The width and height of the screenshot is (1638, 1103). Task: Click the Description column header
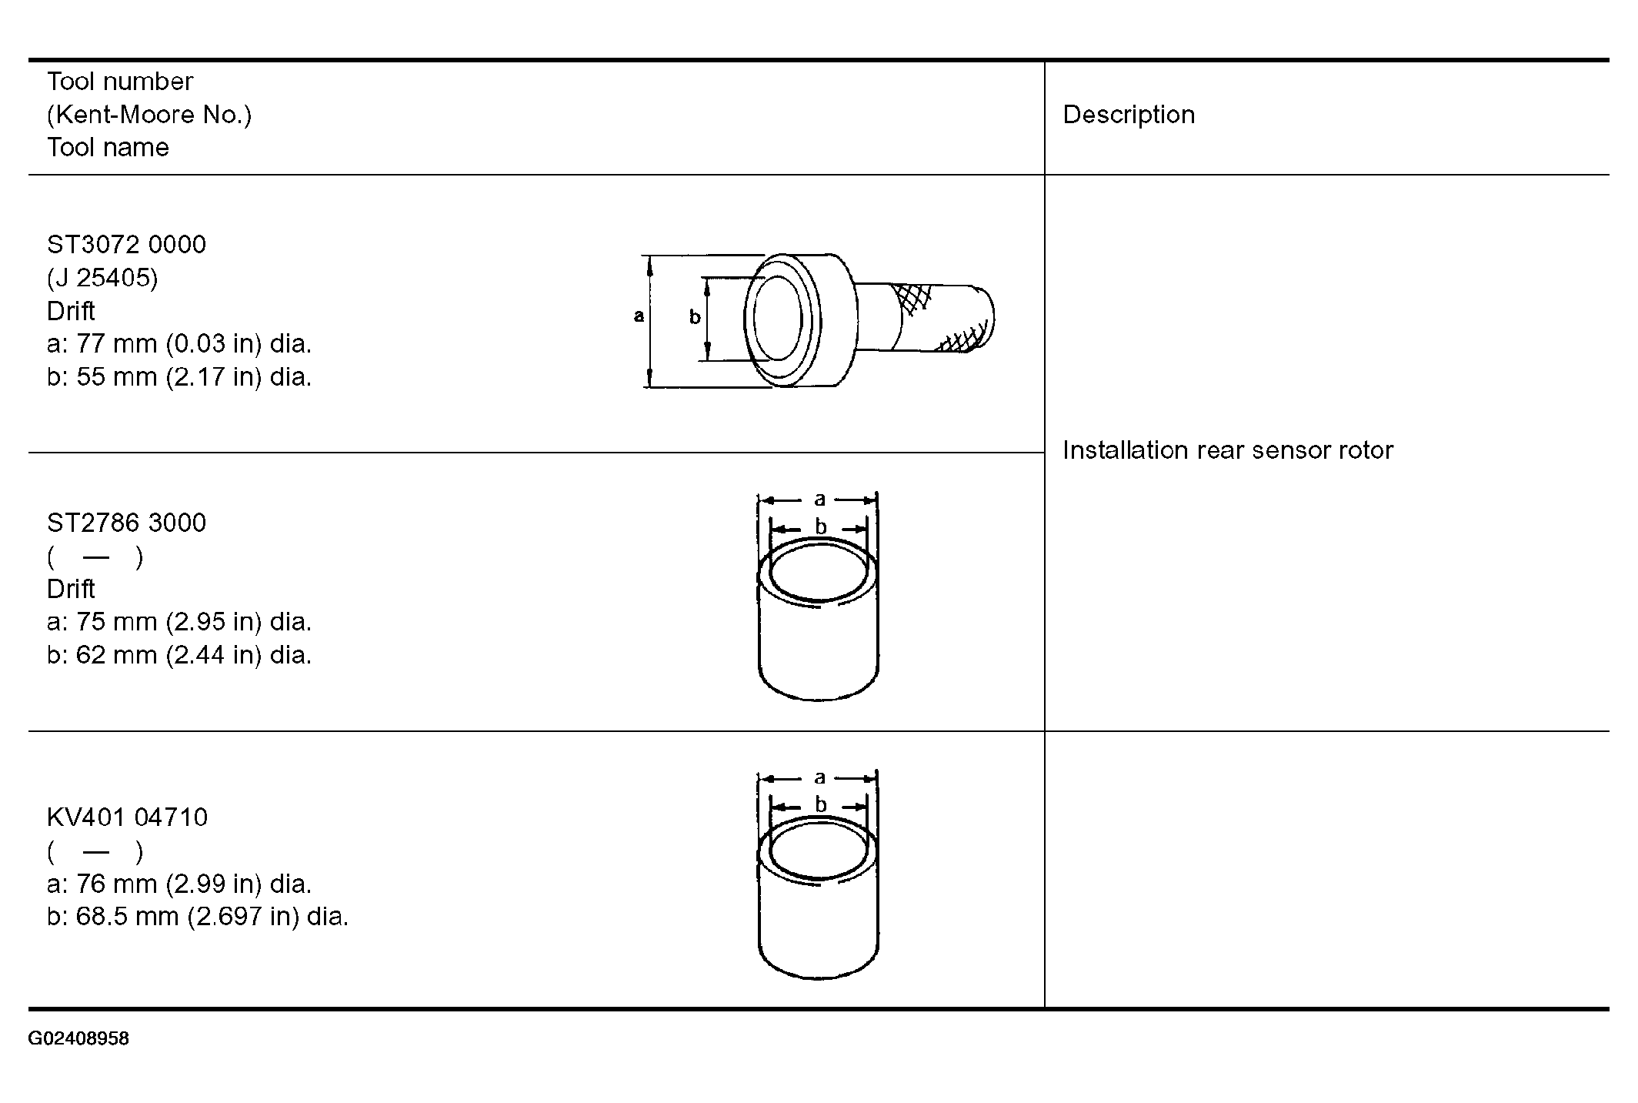coord(1129,115)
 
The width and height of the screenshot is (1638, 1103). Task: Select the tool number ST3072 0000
coord(126,245)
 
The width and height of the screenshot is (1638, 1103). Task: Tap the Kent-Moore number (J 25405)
coord(102,278)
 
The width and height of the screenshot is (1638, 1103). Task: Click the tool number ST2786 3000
coord(126,523)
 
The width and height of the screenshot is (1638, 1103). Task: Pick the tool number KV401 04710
coord(127,817)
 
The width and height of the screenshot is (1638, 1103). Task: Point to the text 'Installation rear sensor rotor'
coord(1228,450)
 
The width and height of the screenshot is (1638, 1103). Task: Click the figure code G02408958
coord(78,1039)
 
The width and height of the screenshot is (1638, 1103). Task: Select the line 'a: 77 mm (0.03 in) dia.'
coord(179,344)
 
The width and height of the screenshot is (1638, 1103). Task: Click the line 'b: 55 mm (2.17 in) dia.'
coord(179,377)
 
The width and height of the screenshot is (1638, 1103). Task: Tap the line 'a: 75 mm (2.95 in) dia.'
coord(179,622)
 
